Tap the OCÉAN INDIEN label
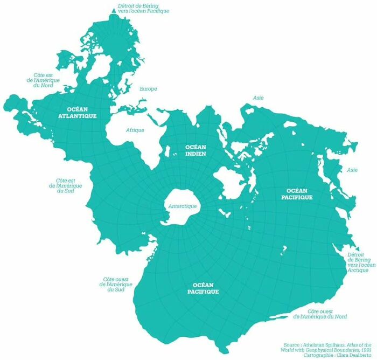196,150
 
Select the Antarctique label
183,206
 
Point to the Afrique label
135,130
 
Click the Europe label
148,89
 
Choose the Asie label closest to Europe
259,98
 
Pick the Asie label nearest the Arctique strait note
352,170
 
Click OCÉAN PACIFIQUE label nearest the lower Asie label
296,194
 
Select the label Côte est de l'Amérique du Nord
44,80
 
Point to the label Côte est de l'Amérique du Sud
65,186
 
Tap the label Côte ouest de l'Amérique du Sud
116,285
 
